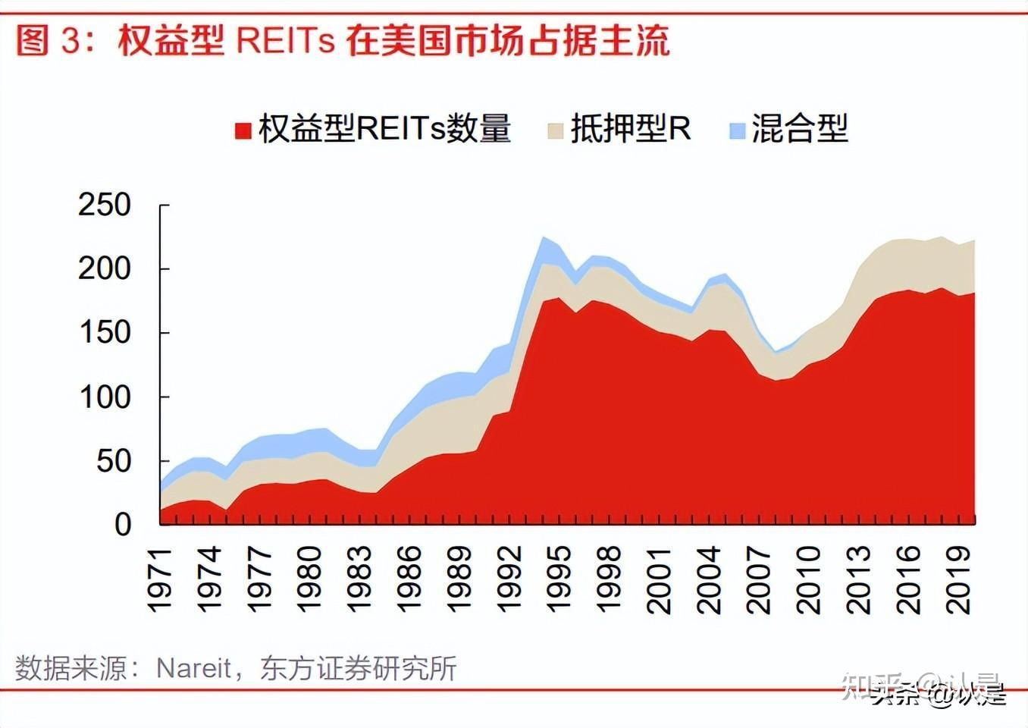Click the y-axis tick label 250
coord(104,205)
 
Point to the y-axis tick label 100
coord(104,397)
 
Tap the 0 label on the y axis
coord(123,524)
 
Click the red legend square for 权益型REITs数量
coord(243,130)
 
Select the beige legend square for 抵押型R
coord(555,130)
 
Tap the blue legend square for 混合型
coord(737,130)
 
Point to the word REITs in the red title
coord(285,41)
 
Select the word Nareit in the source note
coord(193,668)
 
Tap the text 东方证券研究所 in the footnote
coord(358,668)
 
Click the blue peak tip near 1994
coord(543,238)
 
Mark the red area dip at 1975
coord(226,510)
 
